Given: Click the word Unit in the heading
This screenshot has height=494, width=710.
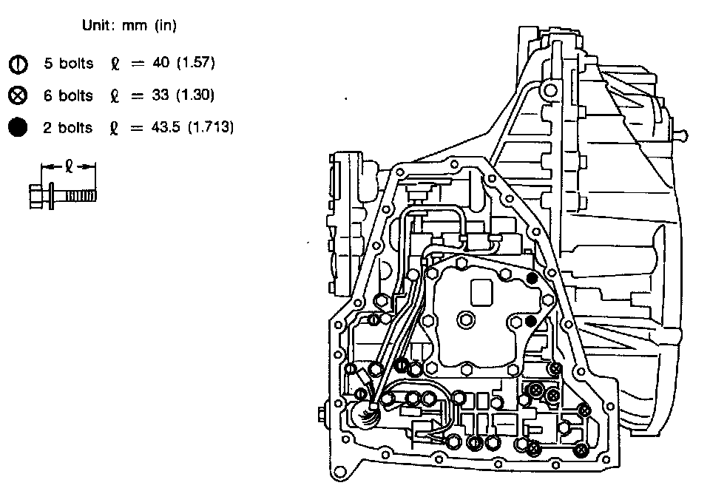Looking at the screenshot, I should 96,26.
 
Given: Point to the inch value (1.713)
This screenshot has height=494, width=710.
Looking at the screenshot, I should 210,127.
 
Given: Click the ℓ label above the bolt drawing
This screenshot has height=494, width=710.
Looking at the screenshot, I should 67,166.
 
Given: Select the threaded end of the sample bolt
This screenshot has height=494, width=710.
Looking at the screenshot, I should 81,195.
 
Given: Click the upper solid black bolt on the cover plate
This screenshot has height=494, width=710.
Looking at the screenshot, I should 532,278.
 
